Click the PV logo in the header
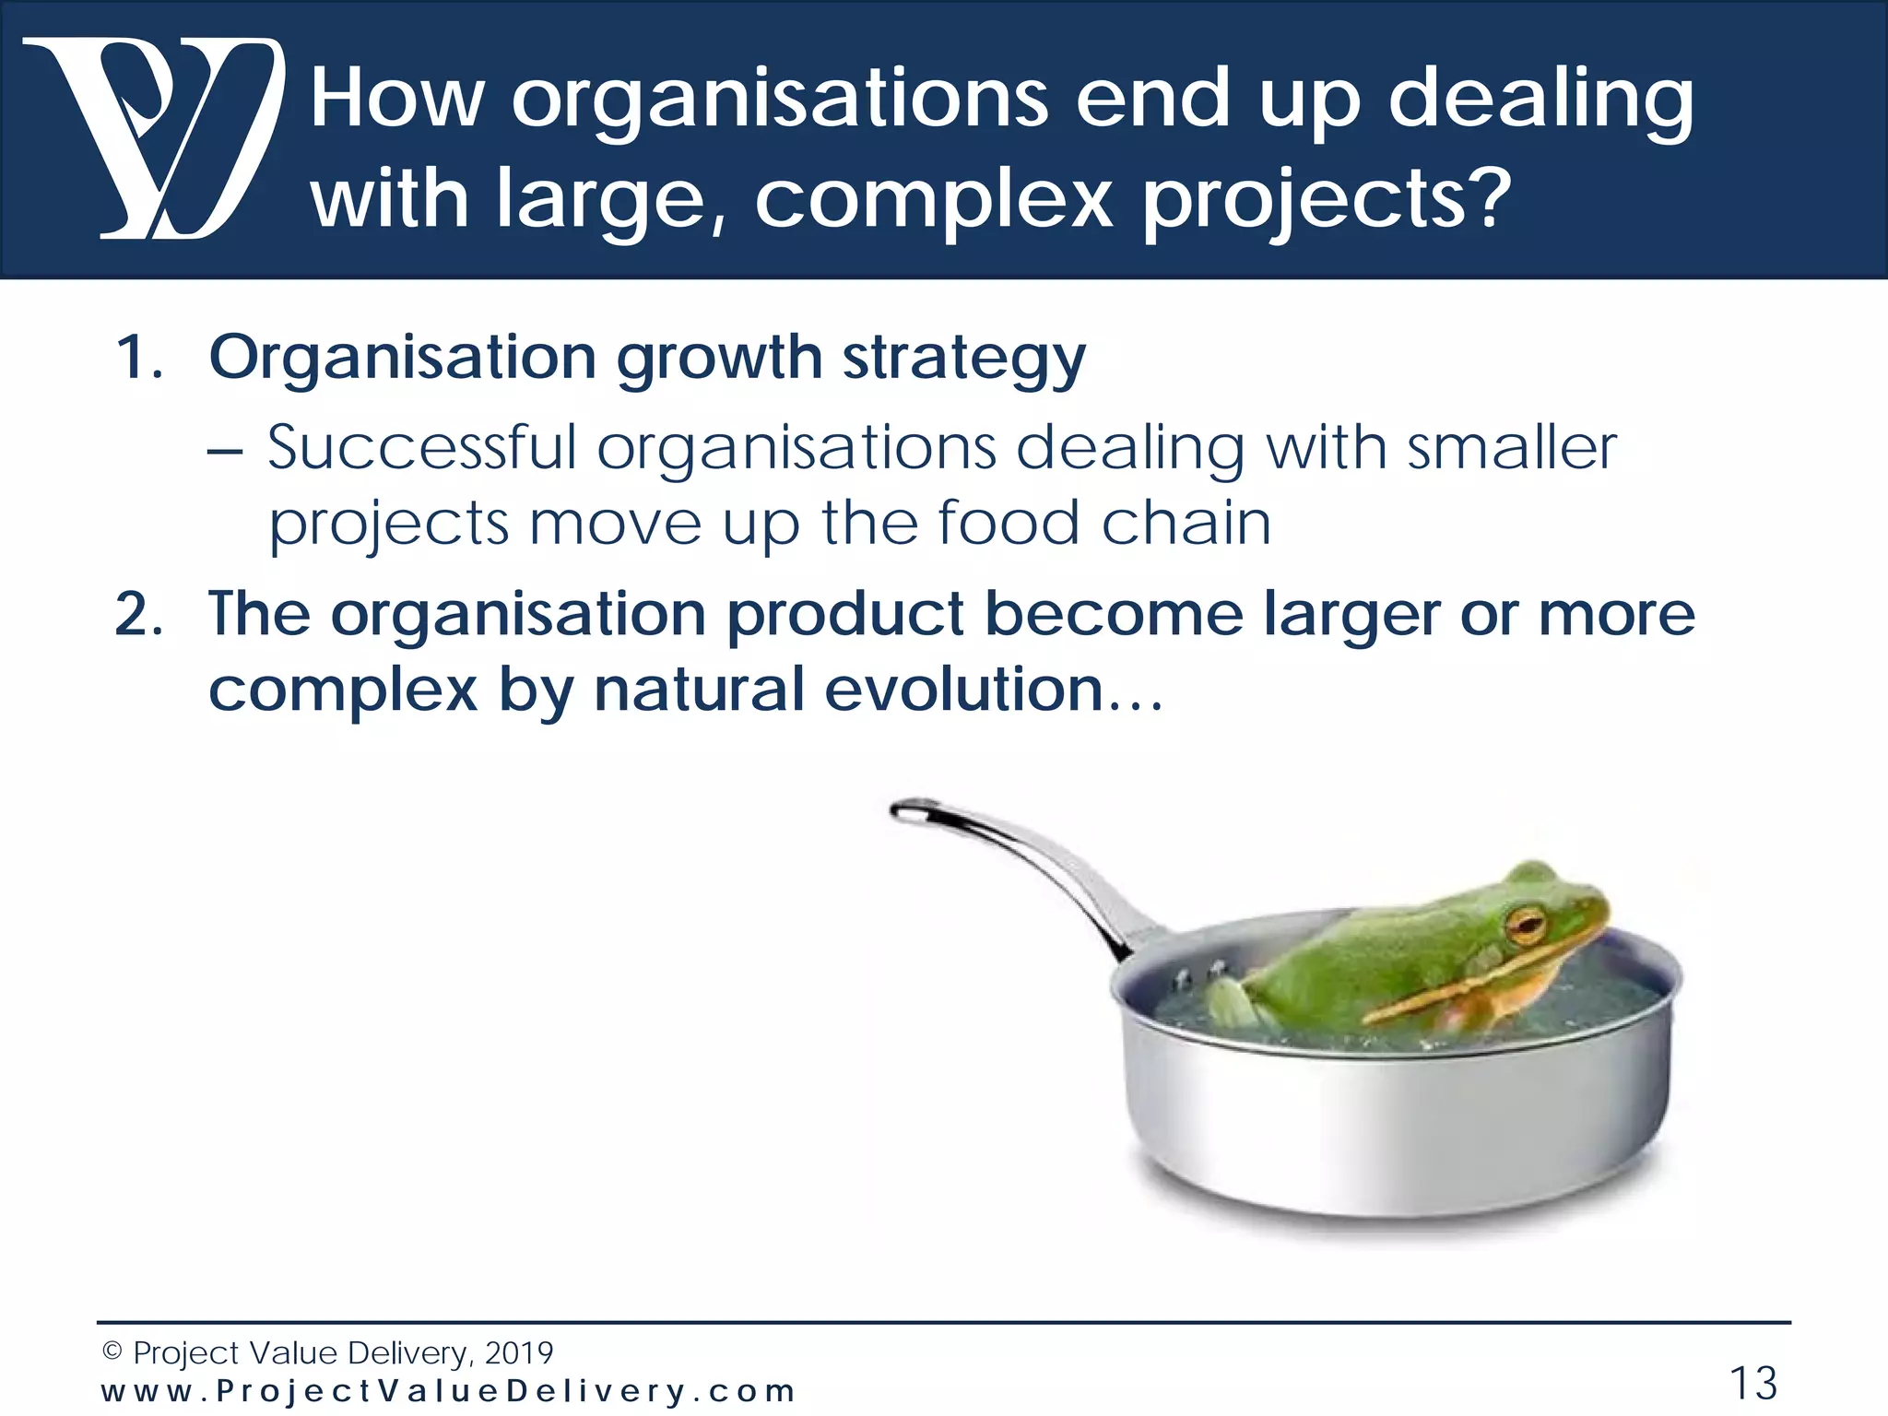[x=152, y=138]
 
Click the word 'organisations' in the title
[x=779, y=100]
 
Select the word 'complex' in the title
[x=933, y=201]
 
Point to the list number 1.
[x=138, y=358]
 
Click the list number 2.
[x=138, y=615]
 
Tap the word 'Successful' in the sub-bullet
[x=421, y=449]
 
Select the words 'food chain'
[x=1103, y=524]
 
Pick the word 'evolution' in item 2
[x=963, y=690]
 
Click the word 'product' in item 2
[x=844, y=615]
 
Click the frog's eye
[x=1527, y=922]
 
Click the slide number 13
[x=1752, y=1383]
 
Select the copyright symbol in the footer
[x=112, y=1352]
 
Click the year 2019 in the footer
[x=518, y=1353]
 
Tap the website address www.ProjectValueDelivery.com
[x=447, y=1390]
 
